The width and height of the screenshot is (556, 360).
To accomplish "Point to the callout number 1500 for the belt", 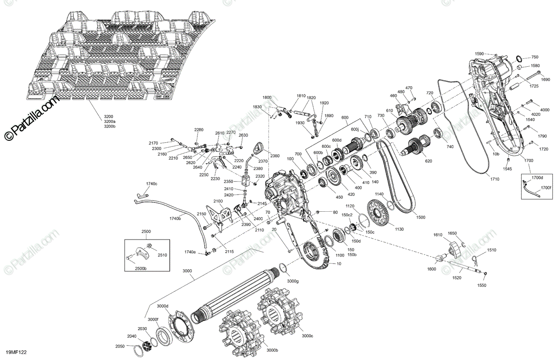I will pyautogui.click(x=420, y=217).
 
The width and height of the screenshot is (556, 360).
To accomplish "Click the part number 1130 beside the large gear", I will pyautogui.click(x=399, y=229).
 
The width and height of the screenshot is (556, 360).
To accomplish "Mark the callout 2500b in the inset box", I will pyautogui.click(x=141, y=269).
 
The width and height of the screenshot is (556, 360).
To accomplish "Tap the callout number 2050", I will pyautogui.click(x=120, y=346).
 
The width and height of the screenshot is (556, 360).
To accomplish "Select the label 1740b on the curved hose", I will pyautogui.click(x=175, y=218).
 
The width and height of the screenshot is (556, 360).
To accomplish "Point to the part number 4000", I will pyautogui.click(x=544, y=110).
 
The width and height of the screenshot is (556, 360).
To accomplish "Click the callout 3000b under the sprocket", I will pyautogui.click(x=272, y=350).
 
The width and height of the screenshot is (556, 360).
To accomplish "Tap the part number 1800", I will pyautogui.click(x=267, y=97).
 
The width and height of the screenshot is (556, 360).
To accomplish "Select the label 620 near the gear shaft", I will pyautogui.click(x=428, y=161).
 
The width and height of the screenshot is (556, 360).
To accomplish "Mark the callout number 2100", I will pyautogui.click(x=218, y=201).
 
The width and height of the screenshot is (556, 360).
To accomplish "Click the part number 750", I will pyautogui.click(x=535, y=57).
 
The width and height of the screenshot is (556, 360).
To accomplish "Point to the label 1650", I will pyautogui.click(x=452, y=233).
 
